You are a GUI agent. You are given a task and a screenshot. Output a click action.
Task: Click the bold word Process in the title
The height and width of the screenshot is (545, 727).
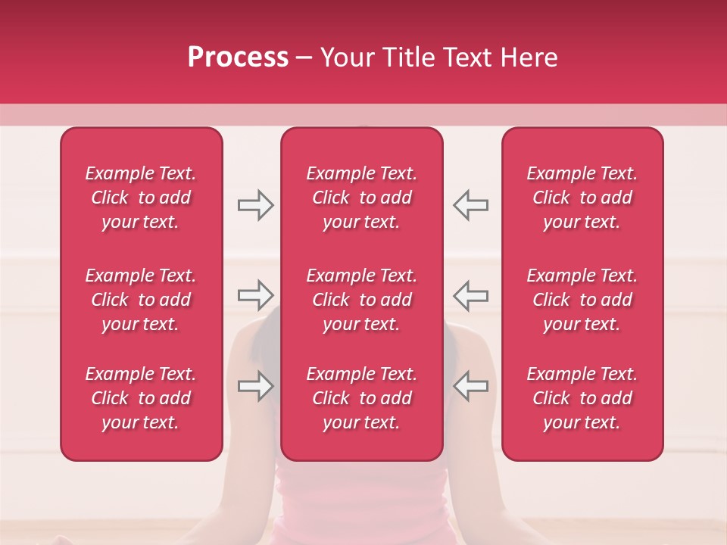(x=238, y=58)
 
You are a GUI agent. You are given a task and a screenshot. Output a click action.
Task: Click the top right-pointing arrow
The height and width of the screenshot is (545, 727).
(x=255, y=205)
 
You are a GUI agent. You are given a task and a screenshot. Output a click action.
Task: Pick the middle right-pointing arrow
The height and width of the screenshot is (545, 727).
(x=255, y=295)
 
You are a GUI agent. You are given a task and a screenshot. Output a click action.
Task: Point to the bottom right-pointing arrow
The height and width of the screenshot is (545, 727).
(x=255, y=385)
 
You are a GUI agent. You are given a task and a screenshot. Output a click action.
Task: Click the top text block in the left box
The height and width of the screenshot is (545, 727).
(x=141, y=198)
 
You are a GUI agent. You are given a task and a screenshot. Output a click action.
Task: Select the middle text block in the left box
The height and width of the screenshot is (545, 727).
(x=141, y=300)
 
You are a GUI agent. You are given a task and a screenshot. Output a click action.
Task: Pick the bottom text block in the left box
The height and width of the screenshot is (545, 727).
(x=141, y=398)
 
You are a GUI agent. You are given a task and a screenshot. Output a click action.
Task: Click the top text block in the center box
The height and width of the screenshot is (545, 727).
(x=362, y=198)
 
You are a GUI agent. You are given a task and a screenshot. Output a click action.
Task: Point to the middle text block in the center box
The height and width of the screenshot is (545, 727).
(x=362, y=300)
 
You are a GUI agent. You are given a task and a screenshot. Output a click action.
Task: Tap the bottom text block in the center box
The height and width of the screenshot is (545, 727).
(x=362, y=398)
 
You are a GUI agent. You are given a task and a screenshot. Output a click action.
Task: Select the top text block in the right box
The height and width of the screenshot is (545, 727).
(x=582, y=198)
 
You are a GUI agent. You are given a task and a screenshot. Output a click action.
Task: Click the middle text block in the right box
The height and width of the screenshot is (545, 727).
(x=582, y=300)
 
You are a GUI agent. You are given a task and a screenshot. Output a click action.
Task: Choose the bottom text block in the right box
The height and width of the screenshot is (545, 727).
(x=582, y=398)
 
